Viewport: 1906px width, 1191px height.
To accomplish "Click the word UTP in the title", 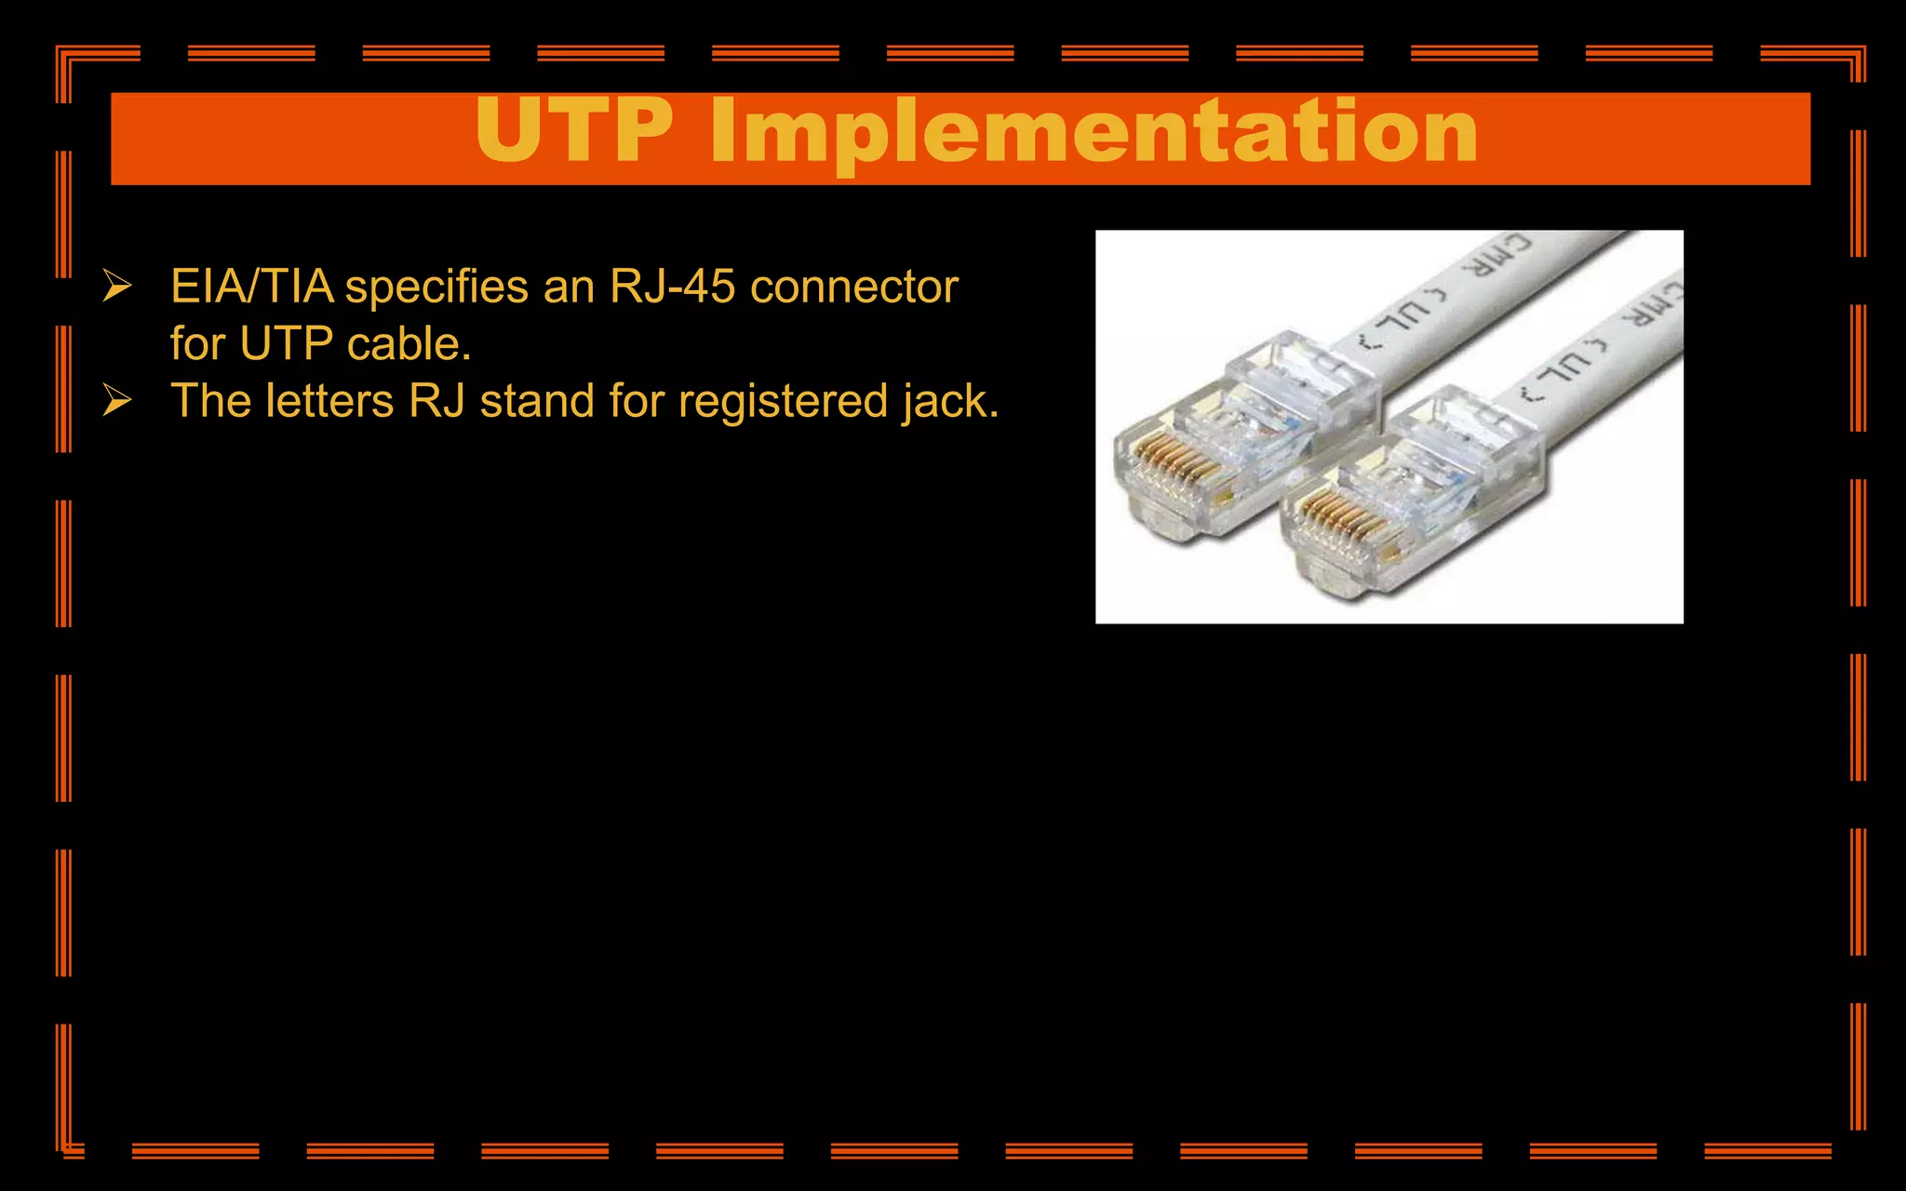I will [574, 132].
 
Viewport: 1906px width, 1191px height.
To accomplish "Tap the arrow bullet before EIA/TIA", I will [116, 286].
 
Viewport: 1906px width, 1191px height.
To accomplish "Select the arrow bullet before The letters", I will [116, 401].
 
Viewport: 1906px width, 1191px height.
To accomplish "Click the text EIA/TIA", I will [252, 287].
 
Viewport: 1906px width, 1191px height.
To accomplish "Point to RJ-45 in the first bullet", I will [672, 287].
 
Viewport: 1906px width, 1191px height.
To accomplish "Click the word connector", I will [853, 287].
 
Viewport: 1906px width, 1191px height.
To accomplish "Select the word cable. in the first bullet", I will [409, 344].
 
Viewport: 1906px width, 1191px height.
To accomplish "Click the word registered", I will [783, 402].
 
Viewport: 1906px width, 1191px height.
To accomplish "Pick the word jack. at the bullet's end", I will [950, 402].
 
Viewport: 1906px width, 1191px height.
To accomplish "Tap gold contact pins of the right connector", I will [1336, 518].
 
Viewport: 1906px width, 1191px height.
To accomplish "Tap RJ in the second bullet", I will [437, 401].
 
